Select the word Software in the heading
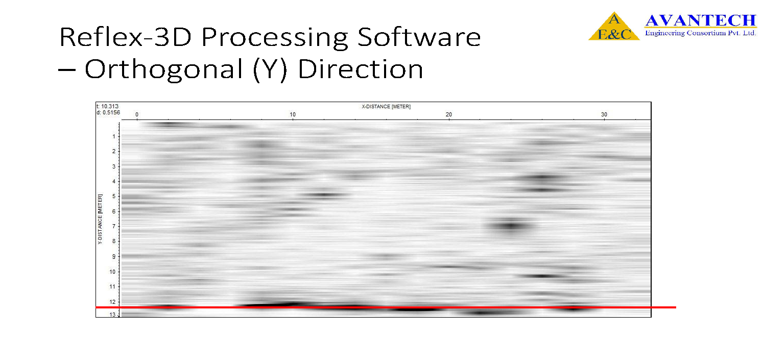(419, 37)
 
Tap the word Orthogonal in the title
(164, 69)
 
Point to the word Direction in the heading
(361, 69)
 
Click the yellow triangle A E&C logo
(614, 27)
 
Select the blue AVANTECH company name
(701, 20)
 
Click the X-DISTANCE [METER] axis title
(386, 107)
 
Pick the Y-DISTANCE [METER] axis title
(100, 219)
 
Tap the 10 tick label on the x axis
(293, 114)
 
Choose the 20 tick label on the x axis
(448, 114)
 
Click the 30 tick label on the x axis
(604, 114)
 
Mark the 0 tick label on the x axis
(137, 114)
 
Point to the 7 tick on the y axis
(114, 226)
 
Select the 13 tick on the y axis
(112, 315)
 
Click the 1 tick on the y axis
(114, 136)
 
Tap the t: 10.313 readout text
(107, 106)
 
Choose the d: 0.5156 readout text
(108, 112)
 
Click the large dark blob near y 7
(511, 226)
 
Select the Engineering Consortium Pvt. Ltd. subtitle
(700, 33)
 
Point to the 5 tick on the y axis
(114, 196)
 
